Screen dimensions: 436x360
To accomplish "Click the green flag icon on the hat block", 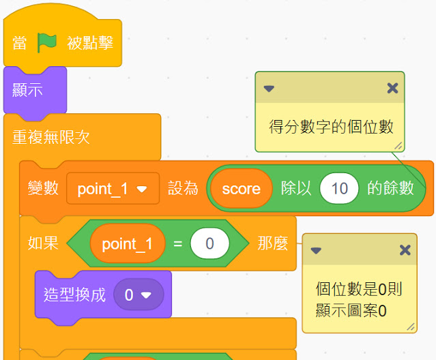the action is click(46, 42).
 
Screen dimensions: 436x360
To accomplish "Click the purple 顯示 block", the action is click(35, 90).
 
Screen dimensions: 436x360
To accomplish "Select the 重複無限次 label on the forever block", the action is click(51, 137).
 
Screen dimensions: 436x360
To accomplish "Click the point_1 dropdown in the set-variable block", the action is click(113, 189).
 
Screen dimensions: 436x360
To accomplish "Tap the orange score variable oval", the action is click(241, 189).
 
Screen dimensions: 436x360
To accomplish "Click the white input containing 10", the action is click(339, 188).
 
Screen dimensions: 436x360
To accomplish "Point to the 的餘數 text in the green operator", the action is click(390, 188).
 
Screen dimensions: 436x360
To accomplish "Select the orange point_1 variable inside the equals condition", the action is click(128, 243).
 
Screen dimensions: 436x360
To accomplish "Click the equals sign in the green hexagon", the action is click(178, 244).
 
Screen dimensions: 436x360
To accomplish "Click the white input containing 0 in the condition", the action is click(209, 243).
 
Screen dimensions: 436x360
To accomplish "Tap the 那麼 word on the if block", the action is click(272, 243).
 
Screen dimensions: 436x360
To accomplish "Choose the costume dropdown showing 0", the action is click(139, 295).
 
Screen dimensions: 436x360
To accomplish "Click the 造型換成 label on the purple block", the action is click(74, 295).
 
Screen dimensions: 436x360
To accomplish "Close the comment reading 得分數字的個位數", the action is click(392, 89).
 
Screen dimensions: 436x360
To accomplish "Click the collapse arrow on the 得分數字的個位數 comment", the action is click(269, 89).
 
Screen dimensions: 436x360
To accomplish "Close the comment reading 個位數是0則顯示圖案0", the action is click(405, 250).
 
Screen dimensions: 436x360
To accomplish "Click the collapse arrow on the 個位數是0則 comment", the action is click(316, 250).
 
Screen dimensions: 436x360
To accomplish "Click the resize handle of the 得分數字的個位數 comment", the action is click(398, 146).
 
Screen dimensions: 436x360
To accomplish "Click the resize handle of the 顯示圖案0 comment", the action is click(411, 327).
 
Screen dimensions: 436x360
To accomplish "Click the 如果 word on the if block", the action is click(43, 243).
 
